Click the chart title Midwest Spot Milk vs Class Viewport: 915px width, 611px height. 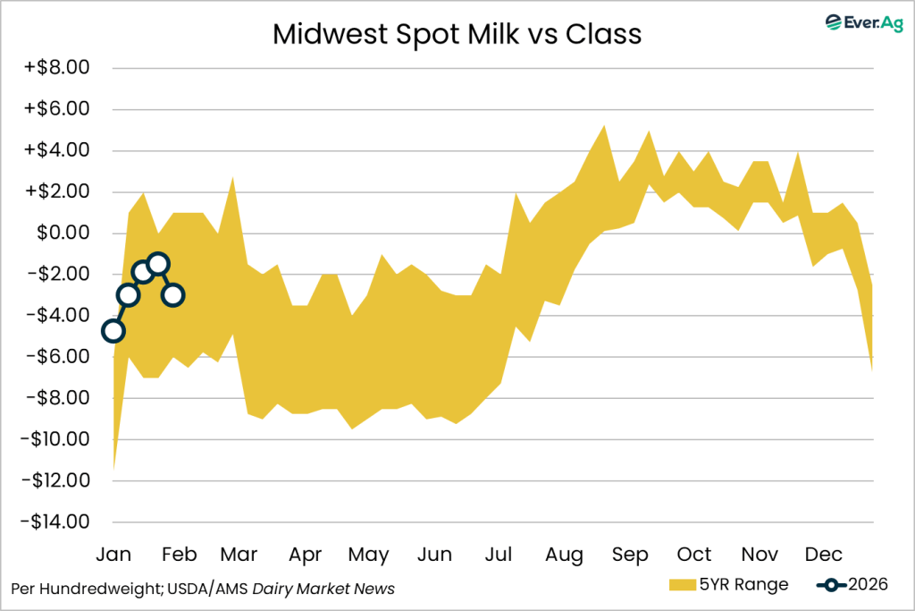[x=457, y=33]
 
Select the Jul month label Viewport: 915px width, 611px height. [x=498, y=555]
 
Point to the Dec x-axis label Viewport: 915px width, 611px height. [x=824, y=555]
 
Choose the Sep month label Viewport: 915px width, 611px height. [x=630, y=555]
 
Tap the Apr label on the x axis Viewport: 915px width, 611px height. [x=306, y=555]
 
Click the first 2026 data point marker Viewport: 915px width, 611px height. [x=113, y=331]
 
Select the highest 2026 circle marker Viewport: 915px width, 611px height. [x=158, y=264]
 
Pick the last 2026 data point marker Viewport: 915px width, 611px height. [x=173, y=294]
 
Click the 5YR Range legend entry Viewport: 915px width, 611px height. [x=728, y=585]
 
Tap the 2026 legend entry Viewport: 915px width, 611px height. [x=852, y=585]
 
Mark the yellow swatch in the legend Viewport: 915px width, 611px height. [x=682, y=585]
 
